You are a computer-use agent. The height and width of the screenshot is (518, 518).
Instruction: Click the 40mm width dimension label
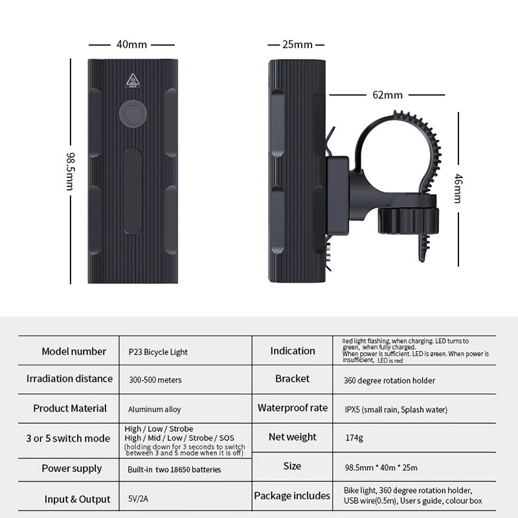[x=131, y=44]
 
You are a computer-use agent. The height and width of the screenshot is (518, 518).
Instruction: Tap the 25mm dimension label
[x=297, y=44]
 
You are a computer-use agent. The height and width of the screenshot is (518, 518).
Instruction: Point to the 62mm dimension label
[x=387, y=95]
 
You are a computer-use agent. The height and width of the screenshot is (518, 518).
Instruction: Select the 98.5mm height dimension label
[x=71, y=171]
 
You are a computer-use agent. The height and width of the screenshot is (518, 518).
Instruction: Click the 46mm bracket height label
[x=458, y=188]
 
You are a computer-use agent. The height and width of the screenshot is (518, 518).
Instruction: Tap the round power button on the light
[x=133, y=114]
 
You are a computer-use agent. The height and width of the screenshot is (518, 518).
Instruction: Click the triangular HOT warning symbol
[x=133, y=80]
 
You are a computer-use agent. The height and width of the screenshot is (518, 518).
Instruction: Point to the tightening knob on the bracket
[x=409, y=220]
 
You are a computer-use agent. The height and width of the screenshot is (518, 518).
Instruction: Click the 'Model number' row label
[x=74, y=351]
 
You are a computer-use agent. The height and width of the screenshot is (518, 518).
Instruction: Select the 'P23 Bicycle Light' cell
[x=158, y=352]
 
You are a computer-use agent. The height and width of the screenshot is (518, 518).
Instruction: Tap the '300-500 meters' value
[x=155, y=380]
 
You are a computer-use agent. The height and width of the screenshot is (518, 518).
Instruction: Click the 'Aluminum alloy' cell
[x=154, y=409]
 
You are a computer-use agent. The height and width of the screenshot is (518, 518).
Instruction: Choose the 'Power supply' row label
[x=72, y=469]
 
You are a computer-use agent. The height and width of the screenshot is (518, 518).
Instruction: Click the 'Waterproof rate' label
[x=293, y=408]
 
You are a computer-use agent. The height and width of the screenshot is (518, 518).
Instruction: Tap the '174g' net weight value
[x=354, y=438]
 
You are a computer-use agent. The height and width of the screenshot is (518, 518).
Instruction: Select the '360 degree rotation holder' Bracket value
[x=389, y=381]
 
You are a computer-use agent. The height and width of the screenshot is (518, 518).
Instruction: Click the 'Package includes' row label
[x=292, y=496]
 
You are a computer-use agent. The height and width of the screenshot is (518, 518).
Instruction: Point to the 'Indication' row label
[x=293, y=350]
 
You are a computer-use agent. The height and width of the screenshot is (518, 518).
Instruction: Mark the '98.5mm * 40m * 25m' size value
[x=381, y=467]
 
